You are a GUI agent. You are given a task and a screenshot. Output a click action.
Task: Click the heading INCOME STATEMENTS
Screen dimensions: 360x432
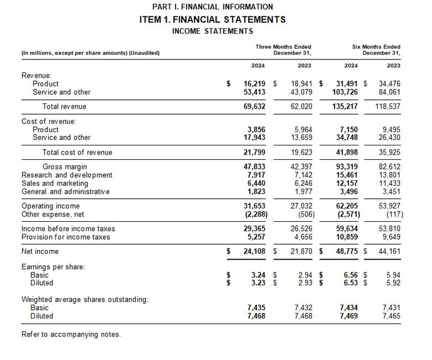[x=212, y=31]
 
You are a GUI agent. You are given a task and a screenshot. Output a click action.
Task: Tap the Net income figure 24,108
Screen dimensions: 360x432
[x=253, y=252]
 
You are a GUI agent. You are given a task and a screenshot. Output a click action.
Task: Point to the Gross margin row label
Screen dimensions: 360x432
[x=64, y=166]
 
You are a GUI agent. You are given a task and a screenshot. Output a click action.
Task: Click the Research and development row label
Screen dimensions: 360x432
[x=67, y=175]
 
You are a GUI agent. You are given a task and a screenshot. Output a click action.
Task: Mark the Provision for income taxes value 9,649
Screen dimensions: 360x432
[x=389, y=237]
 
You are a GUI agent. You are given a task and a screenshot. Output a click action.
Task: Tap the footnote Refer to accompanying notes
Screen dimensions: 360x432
[x=70, y=334]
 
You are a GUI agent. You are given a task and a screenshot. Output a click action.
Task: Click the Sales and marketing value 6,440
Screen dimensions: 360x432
[x=255, y=183]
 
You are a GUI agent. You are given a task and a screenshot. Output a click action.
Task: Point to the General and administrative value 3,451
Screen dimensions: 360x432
[x=389, y=192]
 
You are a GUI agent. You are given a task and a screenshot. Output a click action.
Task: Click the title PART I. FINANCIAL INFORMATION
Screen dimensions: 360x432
[x=212, y=7]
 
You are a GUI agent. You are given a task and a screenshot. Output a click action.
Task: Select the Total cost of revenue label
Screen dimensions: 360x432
[x=77, y=152]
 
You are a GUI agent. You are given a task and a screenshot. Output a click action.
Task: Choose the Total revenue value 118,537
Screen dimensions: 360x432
[x=386, y=106]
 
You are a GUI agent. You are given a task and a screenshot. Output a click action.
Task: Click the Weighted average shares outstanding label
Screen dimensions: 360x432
[x=85, y=299]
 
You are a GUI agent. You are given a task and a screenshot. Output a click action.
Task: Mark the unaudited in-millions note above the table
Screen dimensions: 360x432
[x=90, y=53]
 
